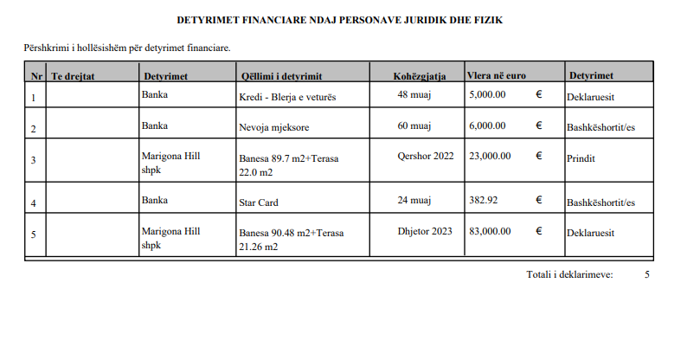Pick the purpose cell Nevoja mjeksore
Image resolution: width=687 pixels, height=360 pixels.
tap(274, 126)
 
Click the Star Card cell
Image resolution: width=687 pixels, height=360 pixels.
tap(258, 202)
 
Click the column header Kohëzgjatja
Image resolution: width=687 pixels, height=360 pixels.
tap(420, 76)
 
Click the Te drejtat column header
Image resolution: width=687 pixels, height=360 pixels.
tap(73, 76)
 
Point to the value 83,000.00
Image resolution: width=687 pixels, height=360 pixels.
tap(490, 231)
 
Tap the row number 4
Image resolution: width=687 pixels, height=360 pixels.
tap(33, 202)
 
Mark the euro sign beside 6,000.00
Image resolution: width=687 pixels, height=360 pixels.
tap(539, 125)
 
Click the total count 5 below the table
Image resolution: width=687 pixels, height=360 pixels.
tap(646, 274)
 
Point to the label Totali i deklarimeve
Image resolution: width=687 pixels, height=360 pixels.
tap(569, 274)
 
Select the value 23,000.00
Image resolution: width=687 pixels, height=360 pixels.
tap(490, 156)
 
